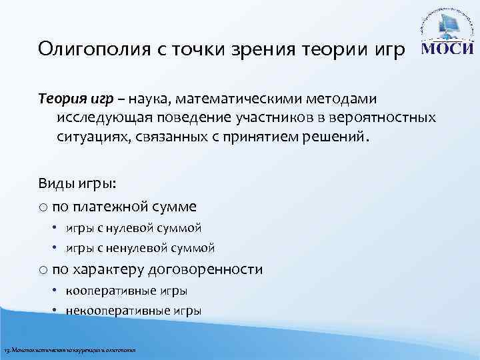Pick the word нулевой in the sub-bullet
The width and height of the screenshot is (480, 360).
pyautogui.click(x=129, y=228)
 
